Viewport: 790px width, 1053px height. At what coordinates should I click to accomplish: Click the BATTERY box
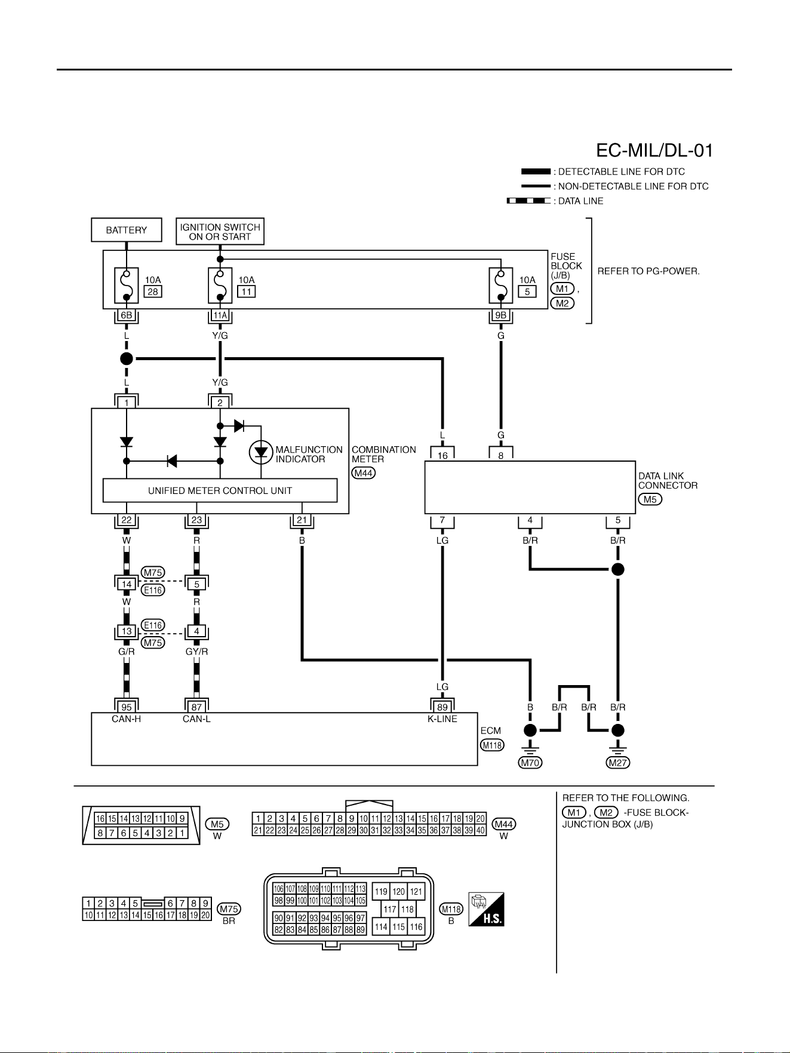(x=127, y=230)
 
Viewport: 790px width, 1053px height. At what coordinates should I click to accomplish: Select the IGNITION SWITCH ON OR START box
(x=220, y=232)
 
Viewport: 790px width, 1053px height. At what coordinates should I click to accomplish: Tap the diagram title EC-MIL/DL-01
(x=654, y=151)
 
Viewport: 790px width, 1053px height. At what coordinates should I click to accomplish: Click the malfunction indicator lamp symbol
(x=261, y=452)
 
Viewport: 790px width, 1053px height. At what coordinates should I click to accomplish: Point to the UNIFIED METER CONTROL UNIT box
(x=220, y=490)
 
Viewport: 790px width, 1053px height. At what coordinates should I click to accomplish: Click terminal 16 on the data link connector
(x=442, y=455)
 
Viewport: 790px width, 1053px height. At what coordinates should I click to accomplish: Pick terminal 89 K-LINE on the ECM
(x=442, y=707)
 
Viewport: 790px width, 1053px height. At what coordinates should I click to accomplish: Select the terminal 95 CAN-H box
(x=127, y=707)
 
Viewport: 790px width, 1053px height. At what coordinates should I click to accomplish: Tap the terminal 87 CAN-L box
(x=196, y=707)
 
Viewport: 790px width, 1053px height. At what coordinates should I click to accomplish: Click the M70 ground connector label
(x=530, y=763)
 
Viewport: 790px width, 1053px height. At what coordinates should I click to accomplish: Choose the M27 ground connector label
(x=618, y=763)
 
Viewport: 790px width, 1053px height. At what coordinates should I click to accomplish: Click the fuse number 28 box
(x=153, y=291)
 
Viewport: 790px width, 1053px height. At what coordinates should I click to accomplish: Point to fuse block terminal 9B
(x=501, y=315)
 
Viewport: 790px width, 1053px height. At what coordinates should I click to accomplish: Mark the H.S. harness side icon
(x=487, y=909)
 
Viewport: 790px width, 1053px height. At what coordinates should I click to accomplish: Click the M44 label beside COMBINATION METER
(x=364, y=473)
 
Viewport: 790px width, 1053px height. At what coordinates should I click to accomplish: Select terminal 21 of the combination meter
(x=302, y=520)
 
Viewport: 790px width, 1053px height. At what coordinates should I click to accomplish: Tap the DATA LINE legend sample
(x=528, y=201)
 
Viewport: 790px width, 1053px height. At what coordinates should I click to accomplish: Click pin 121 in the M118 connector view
(x=416, y=892)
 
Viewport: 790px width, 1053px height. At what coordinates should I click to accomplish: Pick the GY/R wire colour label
(x=196, y=652)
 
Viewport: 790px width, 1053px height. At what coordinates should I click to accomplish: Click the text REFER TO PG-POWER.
(x=648, y=271)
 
